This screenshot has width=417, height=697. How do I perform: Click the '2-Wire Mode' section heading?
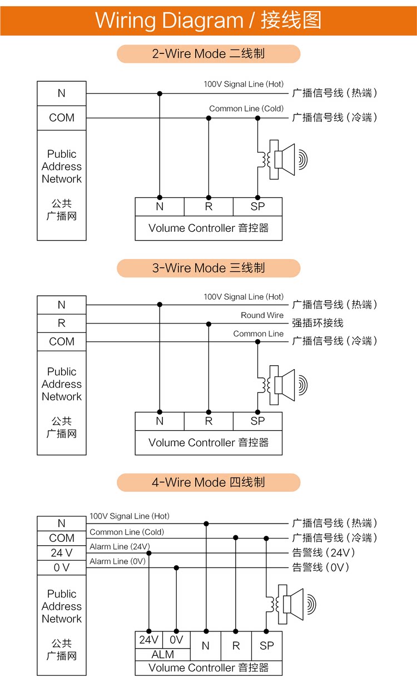(209, 54)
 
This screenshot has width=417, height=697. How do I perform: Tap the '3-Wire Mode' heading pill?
(209, 268)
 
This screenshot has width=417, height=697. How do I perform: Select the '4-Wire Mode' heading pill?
(209, 482)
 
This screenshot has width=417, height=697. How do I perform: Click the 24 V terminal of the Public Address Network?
(62, 553)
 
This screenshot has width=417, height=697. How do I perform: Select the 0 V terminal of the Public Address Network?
(62, 567)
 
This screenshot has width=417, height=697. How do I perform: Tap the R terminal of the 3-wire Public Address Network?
(62, 323)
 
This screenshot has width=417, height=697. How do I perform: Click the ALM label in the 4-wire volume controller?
(163, 655)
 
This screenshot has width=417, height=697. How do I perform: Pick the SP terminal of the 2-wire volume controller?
(257, 207)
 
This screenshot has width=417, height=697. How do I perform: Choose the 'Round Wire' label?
(262, 315)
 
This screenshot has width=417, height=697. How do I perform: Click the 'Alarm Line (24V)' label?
(120, 547)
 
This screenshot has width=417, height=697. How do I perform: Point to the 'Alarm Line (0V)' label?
(117, 561)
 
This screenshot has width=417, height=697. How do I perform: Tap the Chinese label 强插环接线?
(318, 323)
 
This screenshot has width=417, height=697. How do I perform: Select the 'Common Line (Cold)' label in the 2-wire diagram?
(246, 108)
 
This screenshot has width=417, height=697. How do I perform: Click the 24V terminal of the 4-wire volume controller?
(149, 640)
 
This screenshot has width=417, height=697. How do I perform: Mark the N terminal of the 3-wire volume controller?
(160, 421)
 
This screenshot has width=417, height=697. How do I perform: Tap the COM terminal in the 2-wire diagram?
(62, 118)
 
